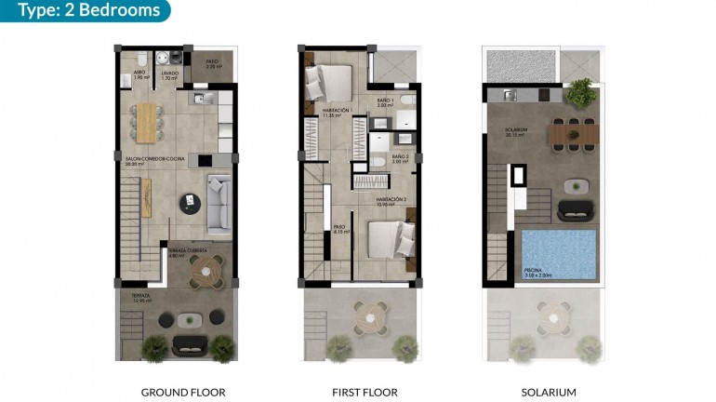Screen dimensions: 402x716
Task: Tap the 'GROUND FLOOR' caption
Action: click(x=183, y=393)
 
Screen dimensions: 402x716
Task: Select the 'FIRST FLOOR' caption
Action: click(x=358, y=393)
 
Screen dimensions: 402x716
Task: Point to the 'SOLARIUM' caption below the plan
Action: click(x=544, y=393)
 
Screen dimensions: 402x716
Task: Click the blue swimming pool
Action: click(x=559, y=250)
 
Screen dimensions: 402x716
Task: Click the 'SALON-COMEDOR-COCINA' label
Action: click(x=155, y=159)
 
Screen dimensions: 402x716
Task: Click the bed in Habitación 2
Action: click(x=389, y=239)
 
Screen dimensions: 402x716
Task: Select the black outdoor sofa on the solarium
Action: click(x=574, y=210)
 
